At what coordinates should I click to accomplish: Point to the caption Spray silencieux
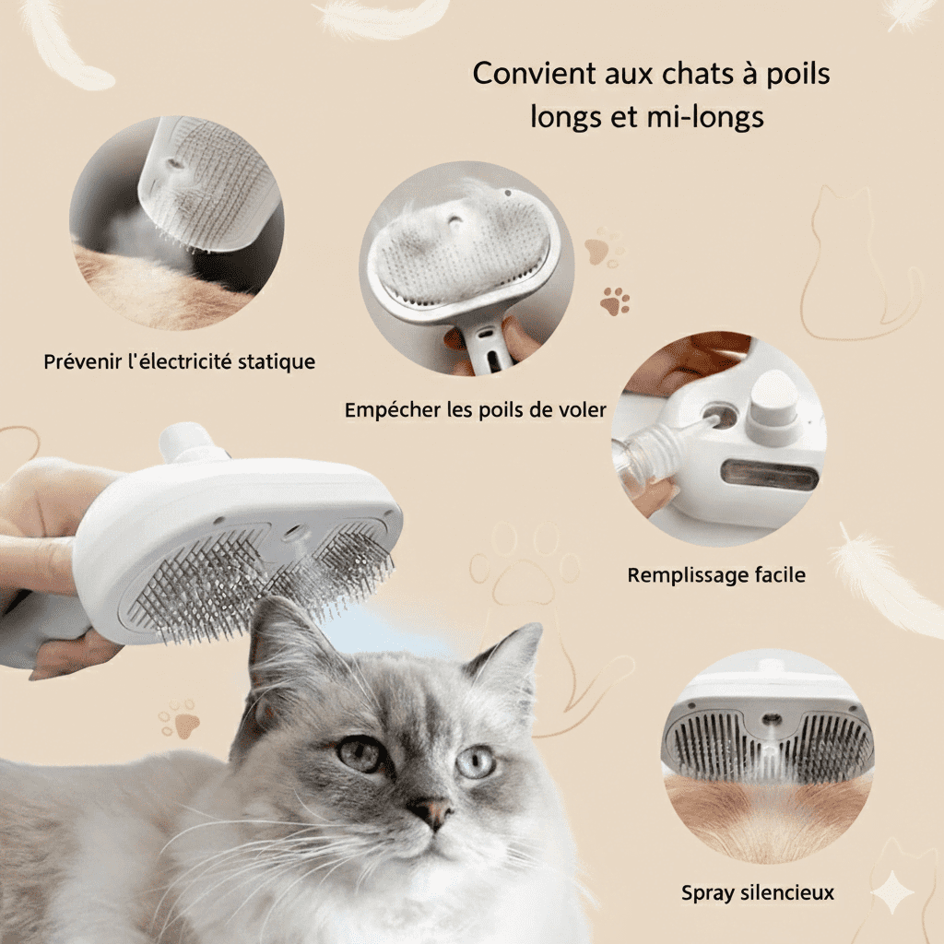(x=758, y=892)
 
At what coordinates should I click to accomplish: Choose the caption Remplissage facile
(x=716, y=575)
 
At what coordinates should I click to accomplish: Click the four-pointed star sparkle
(x=892, y=892)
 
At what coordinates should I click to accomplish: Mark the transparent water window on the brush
(x=772, y=477)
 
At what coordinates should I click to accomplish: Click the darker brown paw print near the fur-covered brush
(x=615, y=300)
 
